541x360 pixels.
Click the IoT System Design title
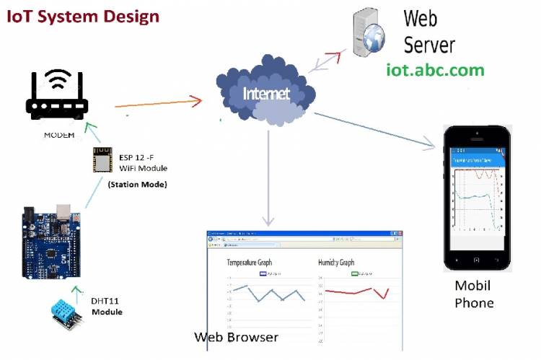83,15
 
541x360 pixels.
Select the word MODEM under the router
58,135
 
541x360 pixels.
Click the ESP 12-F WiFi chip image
103,159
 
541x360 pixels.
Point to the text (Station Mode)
138,185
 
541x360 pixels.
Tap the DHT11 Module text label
107,307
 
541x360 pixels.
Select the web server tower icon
369,35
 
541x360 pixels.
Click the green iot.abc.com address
435,70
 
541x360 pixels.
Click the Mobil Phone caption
474,294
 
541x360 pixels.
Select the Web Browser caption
236,337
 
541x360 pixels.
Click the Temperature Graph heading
250,263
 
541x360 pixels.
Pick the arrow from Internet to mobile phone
375,130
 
